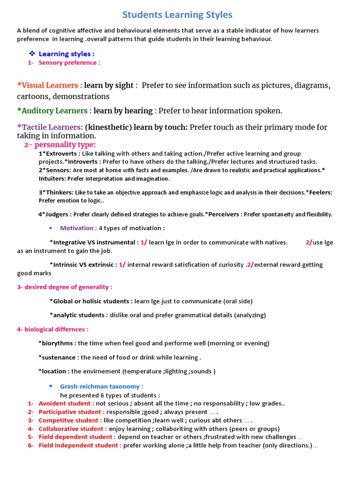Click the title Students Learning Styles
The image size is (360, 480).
[x=177, y=15]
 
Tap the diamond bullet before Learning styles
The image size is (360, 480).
[x=32, y=53]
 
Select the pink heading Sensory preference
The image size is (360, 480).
[x=69, y=63]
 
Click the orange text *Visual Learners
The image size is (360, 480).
[x=50, y=85]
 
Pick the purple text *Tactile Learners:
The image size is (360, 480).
[x=50, y=127]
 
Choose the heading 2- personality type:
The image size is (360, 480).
[x=60, y=144]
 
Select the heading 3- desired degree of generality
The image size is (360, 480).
[x=65, y=287]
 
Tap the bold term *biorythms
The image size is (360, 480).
[x=57, y=344]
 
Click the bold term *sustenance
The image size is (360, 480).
[x=59, y=358]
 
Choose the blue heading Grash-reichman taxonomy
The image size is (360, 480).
[x=102, y=387]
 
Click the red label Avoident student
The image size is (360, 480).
[x=66, y=404]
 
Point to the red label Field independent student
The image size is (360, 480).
[x=80, y=446]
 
